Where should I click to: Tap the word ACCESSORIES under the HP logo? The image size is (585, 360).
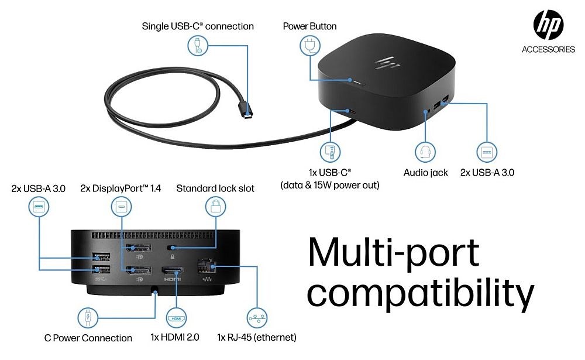[548, 50]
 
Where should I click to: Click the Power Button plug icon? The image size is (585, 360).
[308, 44]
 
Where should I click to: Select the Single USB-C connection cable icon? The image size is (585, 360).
[198, 45]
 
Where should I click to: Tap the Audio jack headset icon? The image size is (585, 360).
[425, 153]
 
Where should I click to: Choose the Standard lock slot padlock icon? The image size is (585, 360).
[215, 208]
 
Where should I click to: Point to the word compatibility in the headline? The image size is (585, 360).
[421, 293]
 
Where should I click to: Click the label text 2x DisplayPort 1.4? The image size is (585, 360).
[120, 188]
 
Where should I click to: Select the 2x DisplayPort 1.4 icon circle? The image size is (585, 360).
[121, 208]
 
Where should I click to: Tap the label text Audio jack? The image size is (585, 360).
[426, 173]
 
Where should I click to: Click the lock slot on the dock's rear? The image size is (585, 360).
[172, 248]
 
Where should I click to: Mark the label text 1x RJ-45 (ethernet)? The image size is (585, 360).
[256, 338]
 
